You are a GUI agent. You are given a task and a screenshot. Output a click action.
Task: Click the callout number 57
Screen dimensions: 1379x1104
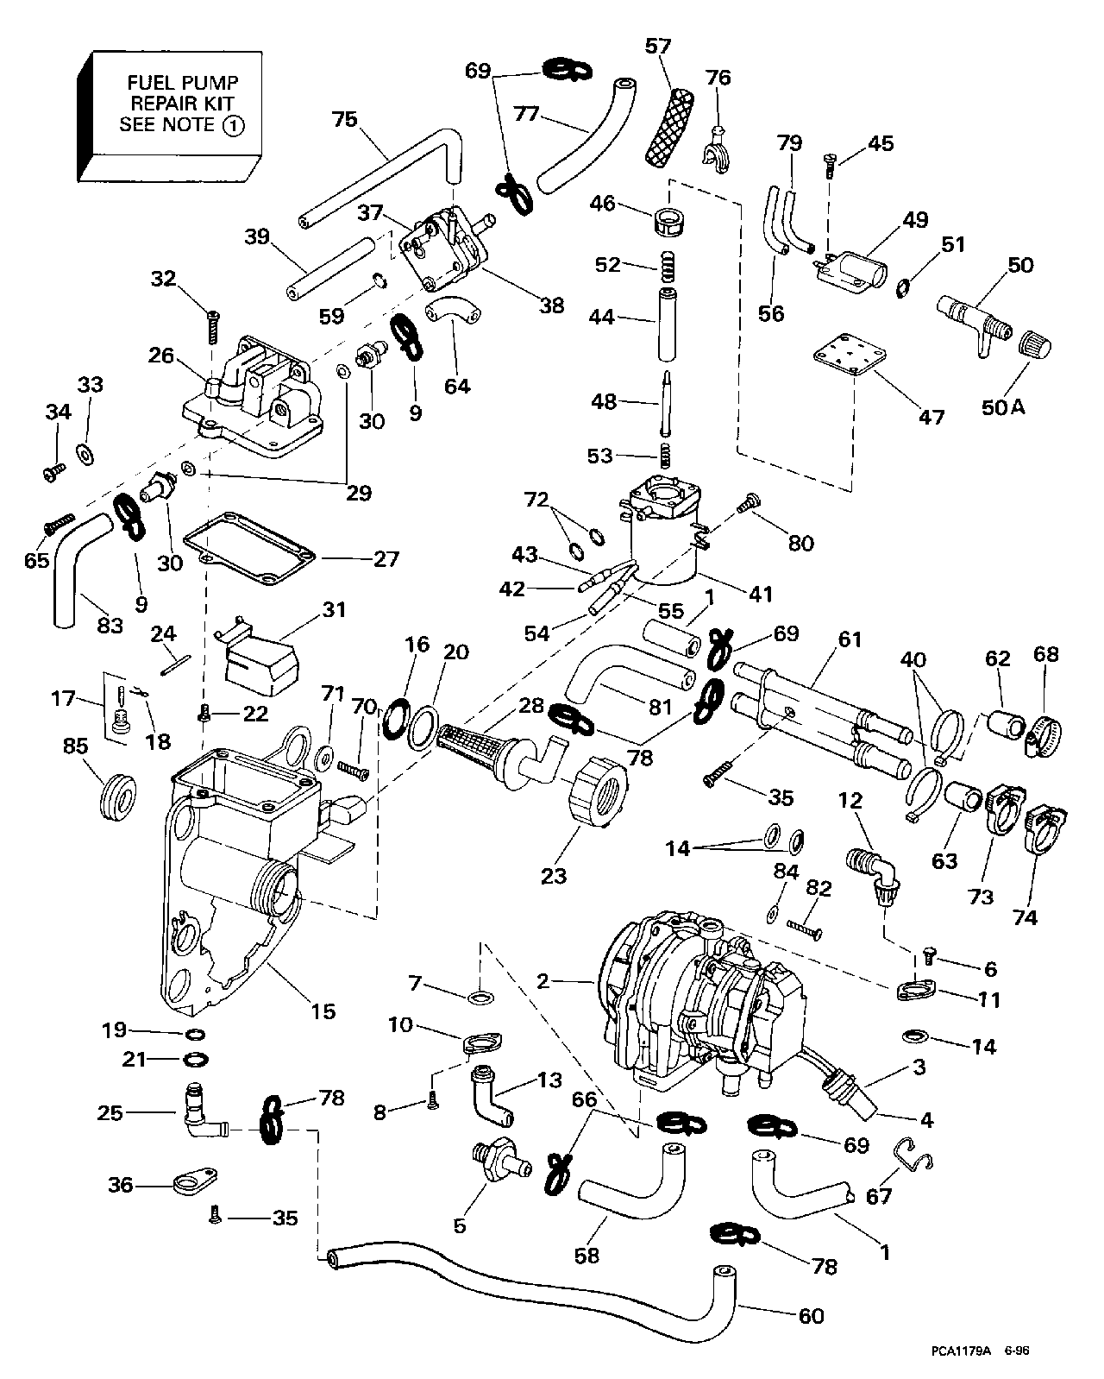tap(657, 47)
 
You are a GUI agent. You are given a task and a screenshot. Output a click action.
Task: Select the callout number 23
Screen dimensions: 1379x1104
tap(553, 875)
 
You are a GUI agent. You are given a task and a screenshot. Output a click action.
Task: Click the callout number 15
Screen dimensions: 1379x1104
tap(323, 1011)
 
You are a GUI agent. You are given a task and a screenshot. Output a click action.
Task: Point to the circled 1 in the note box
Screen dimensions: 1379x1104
tap(233, 125)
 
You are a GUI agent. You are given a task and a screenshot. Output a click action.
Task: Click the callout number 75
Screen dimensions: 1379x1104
tap(344, 120)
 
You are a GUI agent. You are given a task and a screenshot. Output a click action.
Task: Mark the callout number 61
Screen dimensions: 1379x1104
tap(850, 639)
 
